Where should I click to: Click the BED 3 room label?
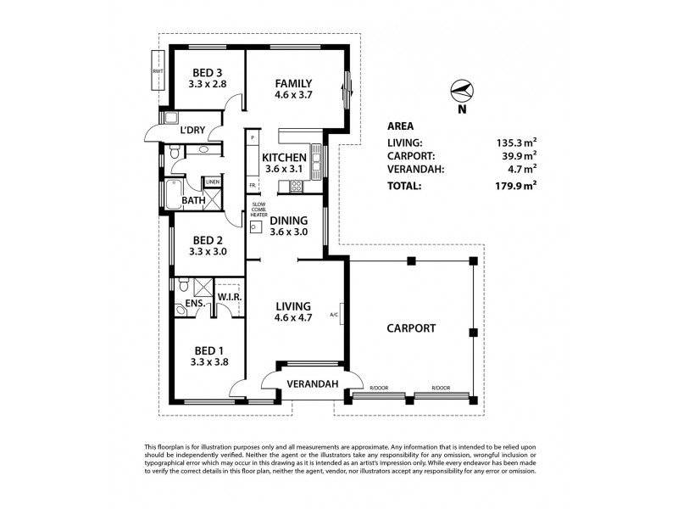[x=208, y=72]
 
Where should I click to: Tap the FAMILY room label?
[x=293, y=83]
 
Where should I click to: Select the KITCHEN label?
[x=283, y=158]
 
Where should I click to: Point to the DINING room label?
[x=288, y=221]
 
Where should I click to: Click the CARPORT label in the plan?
[x=411, y=327]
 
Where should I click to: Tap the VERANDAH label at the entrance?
[x=313, y=384]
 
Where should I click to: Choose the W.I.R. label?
[x=231, y=297]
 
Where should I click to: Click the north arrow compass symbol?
[x=461, y=92]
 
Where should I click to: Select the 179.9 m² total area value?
[x=518, y=184]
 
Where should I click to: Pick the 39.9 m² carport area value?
[x=518, y=155]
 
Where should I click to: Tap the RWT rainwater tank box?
[x=158, y=71]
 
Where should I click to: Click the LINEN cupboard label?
[x=213, y=182]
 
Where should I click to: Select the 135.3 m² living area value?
[x=518, y=143]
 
